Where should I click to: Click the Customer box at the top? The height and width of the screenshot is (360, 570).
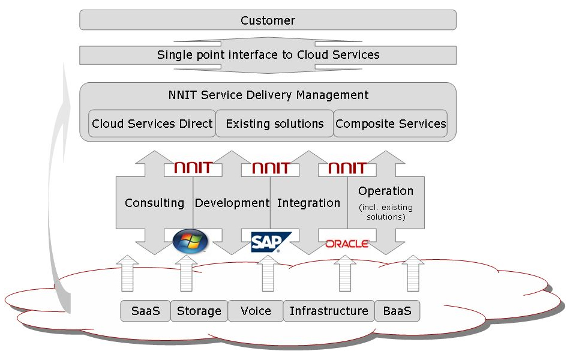pos(268,20)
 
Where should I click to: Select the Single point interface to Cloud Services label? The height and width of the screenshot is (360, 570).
pos(268,55)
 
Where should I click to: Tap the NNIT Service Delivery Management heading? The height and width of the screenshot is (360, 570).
pos(268,95)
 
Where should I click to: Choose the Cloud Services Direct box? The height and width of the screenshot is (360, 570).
pos(152,124)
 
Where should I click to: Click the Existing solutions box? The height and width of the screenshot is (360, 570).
pos(274,124)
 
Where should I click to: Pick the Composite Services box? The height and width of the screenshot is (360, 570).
pos(391,124)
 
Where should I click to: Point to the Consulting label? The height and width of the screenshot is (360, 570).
pos(154,203)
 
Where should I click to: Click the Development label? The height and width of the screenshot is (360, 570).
pos(232,203)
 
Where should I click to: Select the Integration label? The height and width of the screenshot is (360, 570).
pos(308,203)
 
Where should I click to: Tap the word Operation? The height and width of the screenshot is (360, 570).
pos(386,191)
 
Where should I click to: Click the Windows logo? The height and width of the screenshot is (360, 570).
pos(190,241)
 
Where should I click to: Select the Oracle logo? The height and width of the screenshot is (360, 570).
pos(347,244)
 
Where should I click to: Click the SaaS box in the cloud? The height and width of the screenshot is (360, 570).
pos(145,311)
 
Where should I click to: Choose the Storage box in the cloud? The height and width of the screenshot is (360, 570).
pos(199,311)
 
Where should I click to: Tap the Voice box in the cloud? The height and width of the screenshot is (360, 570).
pos(256,311)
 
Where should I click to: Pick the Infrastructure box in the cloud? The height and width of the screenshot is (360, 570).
pos(329,311)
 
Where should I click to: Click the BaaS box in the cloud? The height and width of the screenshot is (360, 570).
pos(397,311)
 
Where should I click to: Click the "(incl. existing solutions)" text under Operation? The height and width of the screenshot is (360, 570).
pos(386,212)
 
